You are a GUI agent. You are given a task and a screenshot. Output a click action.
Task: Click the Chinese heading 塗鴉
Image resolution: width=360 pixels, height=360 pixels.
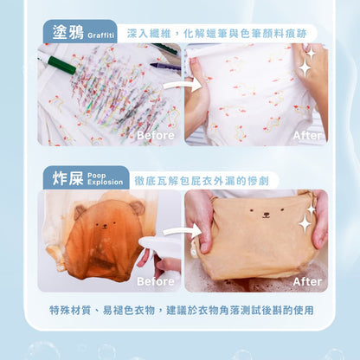pos(67,32)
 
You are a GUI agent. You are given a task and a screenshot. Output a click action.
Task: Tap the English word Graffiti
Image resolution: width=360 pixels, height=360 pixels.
pos(101,35)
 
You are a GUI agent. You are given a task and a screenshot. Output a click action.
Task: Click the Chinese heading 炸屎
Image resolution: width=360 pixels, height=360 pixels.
pos(67,178)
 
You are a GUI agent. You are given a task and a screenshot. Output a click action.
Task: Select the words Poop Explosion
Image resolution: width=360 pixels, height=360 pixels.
pos(105,179)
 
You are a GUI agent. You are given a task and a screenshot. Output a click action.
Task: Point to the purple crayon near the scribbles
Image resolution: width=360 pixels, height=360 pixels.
pos(165,67)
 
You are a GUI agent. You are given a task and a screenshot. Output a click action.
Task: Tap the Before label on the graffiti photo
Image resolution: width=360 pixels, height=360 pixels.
pos(156,135)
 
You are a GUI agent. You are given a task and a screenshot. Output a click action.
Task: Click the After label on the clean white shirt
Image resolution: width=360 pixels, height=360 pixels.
pos(307,135)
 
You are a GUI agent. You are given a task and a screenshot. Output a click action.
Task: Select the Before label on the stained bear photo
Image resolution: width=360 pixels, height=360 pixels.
pos(156,281)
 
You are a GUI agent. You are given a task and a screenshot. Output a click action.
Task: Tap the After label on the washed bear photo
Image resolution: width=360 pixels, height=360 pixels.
pos(307,281)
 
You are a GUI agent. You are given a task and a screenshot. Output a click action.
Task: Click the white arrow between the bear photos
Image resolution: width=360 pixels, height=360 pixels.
pos(183,231)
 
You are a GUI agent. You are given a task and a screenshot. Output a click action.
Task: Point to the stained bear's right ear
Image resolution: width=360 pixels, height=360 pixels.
pos(137,208)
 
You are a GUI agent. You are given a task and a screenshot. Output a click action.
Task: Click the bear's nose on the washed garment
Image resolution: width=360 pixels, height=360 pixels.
pos(266,215)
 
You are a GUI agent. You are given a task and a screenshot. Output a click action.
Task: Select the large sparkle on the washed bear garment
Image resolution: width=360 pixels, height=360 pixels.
pos(305,224)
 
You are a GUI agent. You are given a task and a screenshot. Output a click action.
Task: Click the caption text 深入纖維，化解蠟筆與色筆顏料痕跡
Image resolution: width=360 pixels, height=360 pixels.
pos(216,34)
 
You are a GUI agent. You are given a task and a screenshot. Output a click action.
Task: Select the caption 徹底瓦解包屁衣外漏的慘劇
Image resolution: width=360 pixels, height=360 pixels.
pos(202,181)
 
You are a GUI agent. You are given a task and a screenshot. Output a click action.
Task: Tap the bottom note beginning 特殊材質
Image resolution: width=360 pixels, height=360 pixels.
pos(182,310)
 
